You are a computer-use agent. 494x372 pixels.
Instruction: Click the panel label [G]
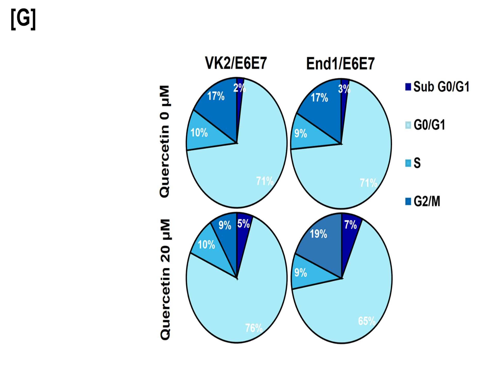coord(23,19)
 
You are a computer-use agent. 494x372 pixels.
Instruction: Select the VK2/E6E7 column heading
coord(236,63)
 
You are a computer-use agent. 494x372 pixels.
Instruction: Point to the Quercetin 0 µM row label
coord(164,141)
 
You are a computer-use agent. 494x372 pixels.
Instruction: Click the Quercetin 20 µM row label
coord(165,280)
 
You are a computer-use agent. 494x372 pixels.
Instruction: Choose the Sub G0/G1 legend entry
coord(437,87)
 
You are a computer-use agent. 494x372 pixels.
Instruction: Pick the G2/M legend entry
coord(423,201)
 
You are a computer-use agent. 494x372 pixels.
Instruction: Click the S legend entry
coord(413,163)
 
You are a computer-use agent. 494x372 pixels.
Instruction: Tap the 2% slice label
coord(240,88)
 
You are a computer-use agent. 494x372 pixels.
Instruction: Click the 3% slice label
coord(344,89)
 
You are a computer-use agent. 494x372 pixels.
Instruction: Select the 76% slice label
coord(254,328)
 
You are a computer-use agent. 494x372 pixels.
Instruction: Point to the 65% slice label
coord(367,321)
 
